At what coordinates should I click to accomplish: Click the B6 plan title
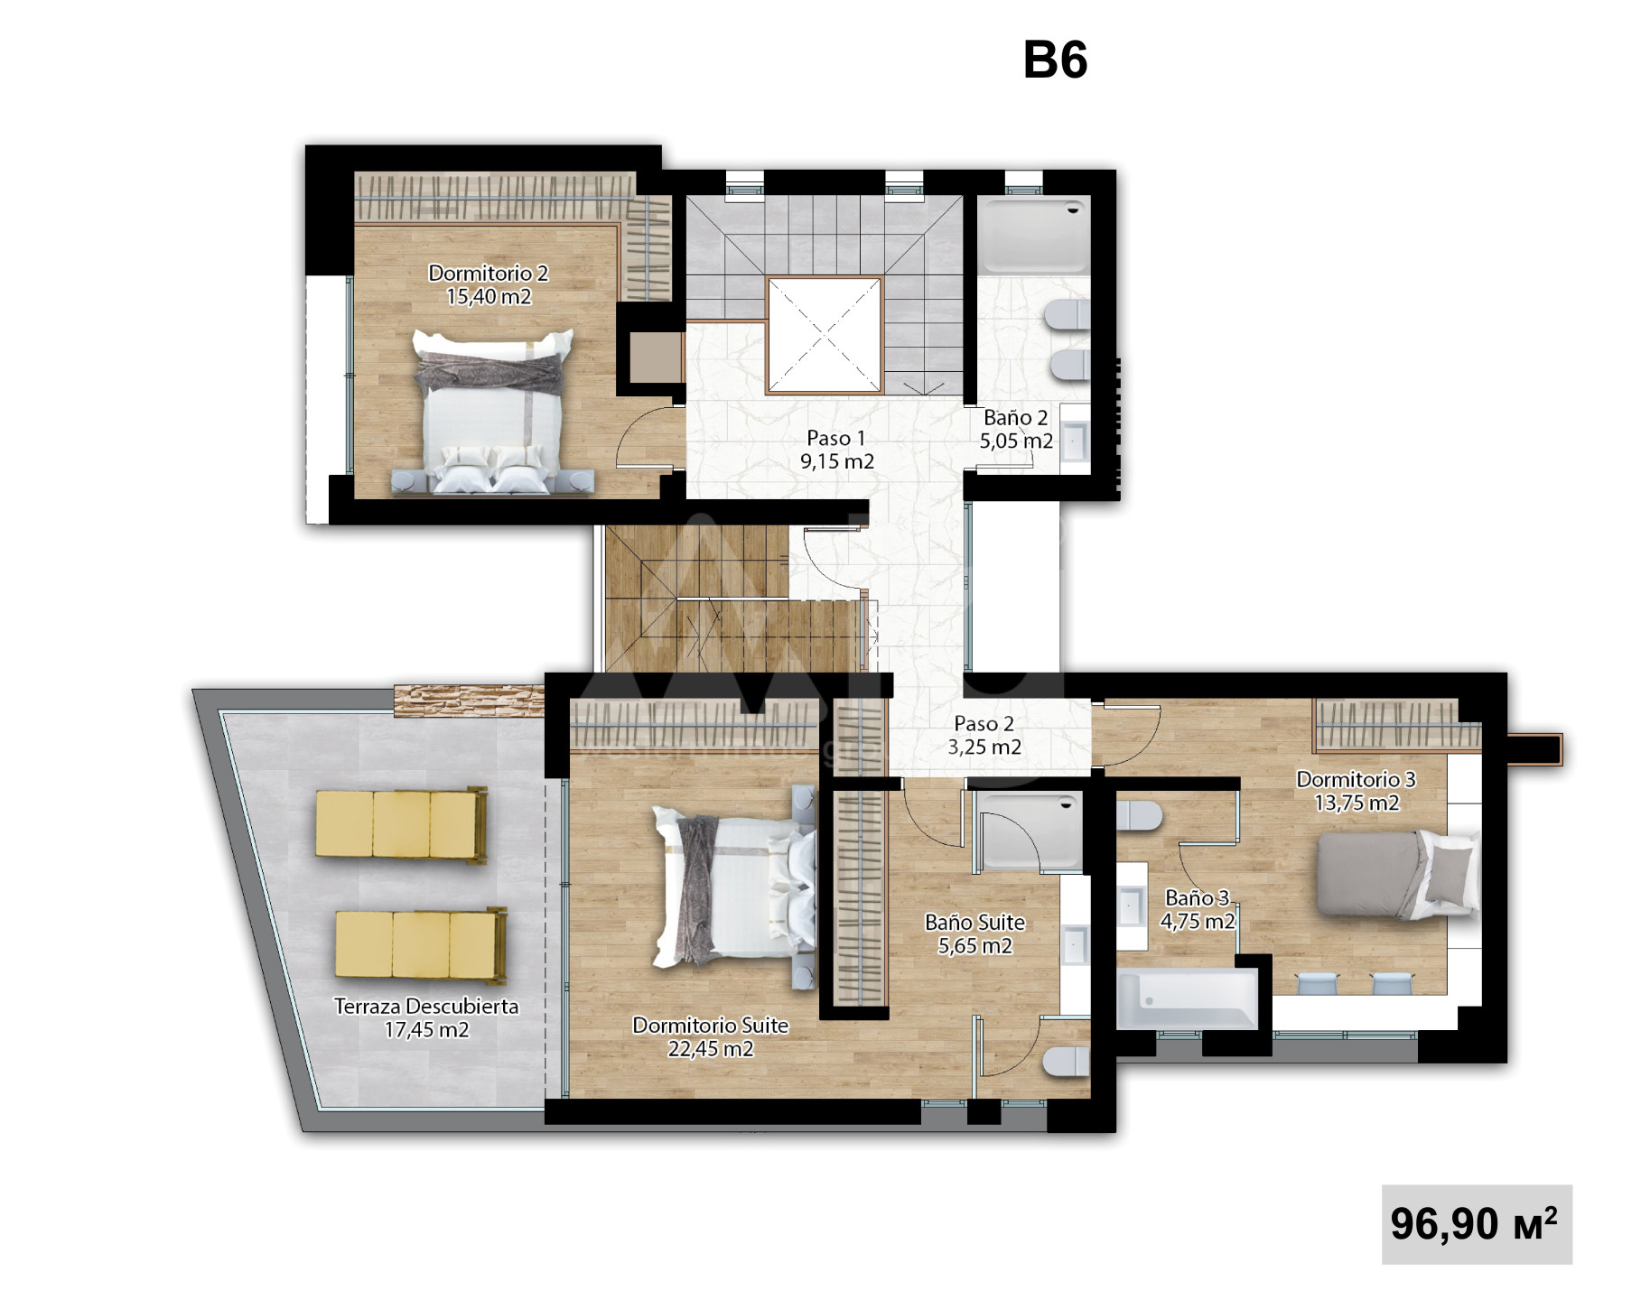[x=1055, y=60]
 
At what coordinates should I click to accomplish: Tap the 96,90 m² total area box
[x=1477, y=1223]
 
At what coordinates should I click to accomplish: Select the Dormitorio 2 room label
[x=489, y=284]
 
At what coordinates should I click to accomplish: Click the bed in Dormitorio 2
[x=493, y=411]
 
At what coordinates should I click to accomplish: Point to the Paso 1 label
[x=836, y=450]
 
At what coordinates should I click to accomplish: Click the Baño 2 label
[x=1016, y=429]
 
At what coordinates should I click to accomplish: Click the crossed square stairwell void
[x=824, y=335]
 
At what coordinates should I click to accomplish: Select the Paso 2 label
[x=984, y=735]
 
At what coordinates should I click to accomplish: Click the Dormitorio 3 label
[x=1356, y=791]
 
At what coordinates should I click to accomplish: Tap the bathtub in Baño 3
[x=1187, y=998]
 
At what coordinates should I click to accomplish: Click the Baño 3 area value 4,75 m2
[x=1198, y=922]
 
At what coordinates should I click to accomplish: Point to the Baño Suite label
[x=974, y=933]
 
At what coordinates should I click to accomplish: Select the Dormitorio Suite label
[x=710, y=1036]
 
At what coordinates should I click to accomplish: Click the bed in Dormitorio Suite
[x=734, y=887]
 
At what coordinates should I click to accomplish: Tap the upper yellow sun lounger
[x=402, y=825]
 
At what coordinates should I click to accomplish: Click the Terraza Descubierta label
[x=426, y=1017]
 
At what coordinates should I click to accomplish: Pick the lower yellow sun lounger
[x=422, y=945]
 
